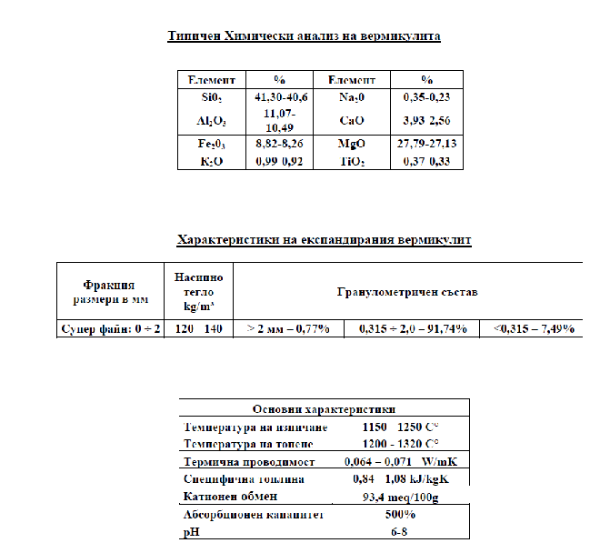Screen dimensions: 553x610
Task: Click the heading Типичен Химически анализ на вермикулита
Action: [x=305, y=36]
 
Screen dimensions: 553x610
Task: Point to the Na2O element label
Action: [x=352, y=96]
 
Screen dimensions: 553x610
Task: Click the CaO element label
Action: [x=352, y=120]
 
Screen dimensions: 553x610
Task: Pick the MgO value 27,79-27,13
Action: [x=427, y=144]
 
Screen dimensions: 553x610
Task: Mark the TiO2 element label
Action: [x=352, y=161]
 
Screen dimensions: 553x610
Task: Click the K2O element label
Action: [x=211, y=161]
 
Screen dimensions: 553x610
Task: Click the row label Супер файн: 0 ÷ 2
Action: [x=110, y=328]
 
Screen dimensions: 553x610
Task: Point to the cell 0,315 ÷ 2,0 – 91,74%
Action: [x=413, y=328]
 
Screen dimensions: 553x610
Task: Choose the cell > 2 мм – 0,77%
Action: [x=288, y=328]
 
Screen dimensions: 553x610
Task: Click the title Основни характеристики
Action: [x=324, y=410]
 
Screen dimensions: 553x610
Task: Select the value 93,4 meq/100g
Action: [x=400, y=497]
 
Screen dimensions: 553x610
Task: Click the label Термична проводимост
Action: [x=249, y=462]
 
